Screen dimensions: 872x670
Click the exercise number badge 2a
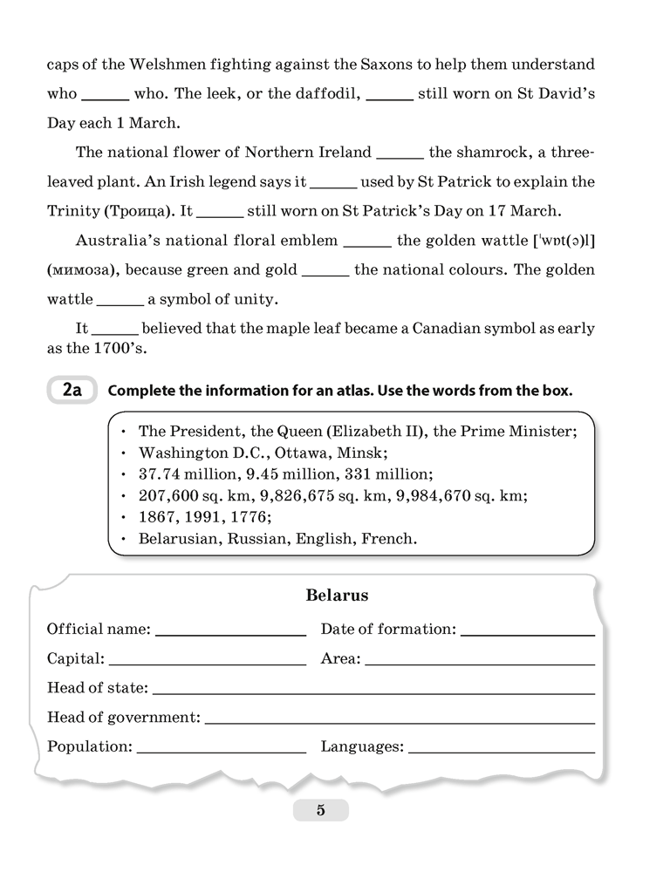click(72, 391)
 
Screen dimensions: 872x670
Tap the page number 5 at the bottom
click(320, 810)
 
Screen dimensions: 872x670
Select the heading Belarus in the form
click(337, 596)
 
